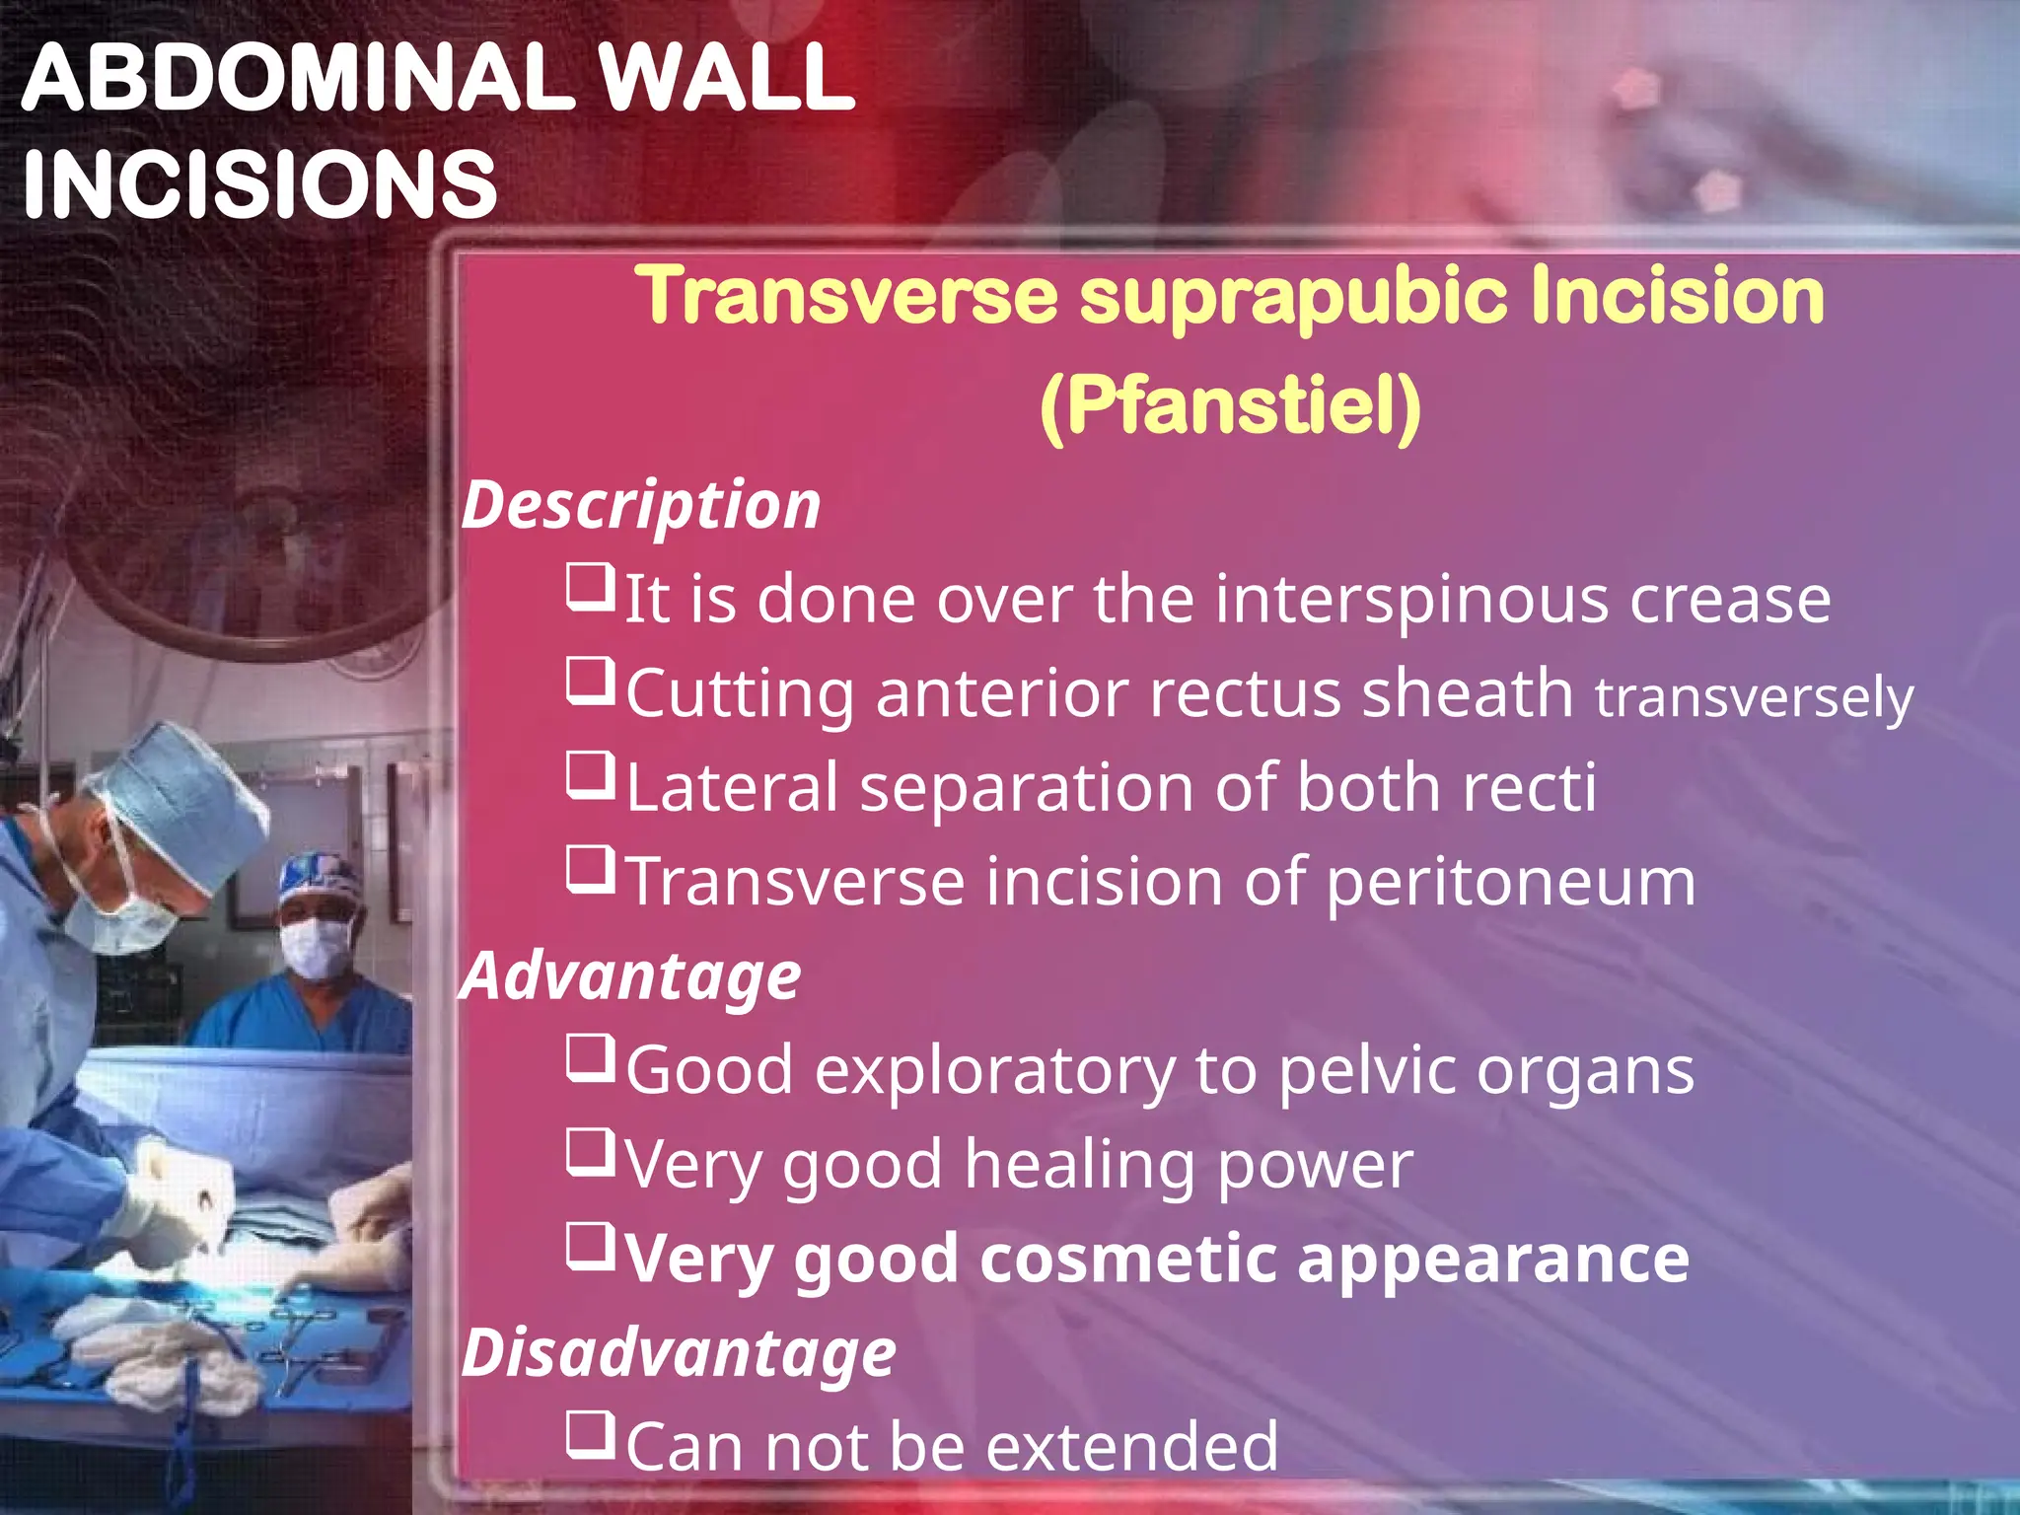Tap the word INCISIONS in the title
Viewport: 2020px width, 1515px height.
coord(259,184)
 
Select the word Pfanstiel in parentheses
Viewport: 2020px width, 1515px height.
coord(1230,405)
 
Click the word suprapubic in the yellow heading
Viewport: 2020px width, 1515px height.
coord(1293,296)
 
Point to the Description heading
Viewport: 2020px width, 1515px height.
coord(641,506)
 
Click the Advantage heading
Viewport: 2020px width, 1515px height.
coord(631,977)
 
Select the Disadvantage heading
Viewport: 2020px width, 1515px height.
coord(679,1353)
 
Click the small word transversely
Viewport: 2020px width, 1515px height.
coord(1754,697)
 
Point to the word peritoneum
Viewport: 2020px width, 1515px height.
coord(1509,882)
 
